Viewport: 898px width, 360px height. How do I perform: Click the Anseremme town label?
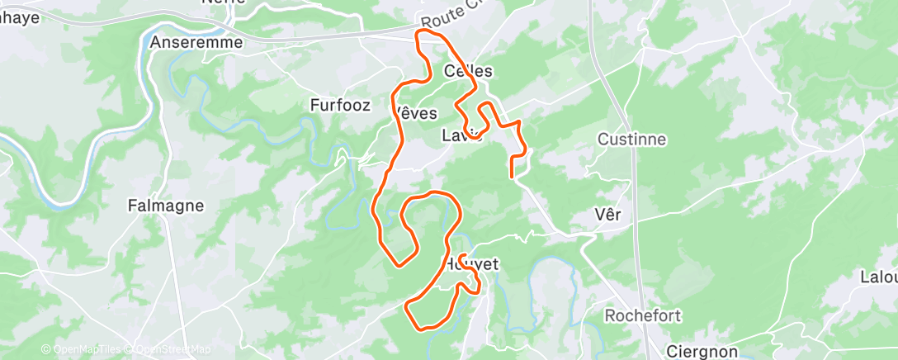[x=196, y=41]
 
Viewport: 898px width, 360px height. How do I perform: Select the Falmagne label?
[x=166, y=206]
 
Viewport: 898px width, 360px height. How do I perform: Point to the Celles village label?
[x=468, y=71]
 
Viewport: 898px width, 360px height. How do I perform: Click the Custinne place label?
[x=631, y=139]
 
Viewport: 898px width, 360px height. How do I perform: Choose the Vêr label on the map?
[x=607, y=215]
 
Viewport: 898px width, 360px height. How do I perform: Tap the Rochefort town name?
[x=642, y=315]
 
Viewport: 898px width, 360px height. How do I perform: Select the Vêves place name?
[x=415, y=112]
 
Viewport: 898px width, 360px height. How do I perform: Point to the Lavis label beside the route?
[x=461, y=135]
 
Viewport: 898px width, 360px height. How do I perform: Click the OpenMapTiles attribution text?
[x=83, y=350]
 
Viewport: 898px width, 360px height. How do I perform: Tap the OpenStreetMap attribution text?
[x=169, y=350]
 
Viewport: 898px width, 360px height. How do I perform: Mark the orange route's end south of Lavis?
[x=513, y=176]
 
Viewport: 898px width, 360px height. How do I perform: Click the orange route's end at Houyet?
[x=463, y=255]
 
